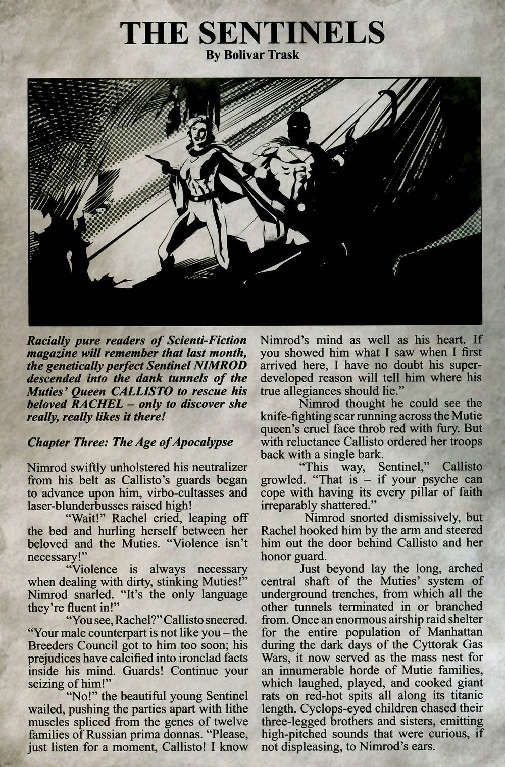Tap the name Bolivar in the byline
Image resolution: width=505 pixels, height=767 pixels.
tap(242, 54)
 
